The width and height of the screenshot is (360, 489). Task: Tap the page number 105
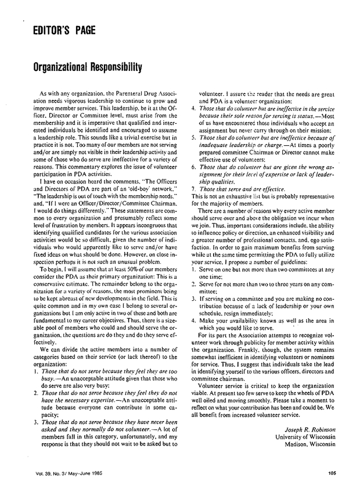[332, 472]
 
